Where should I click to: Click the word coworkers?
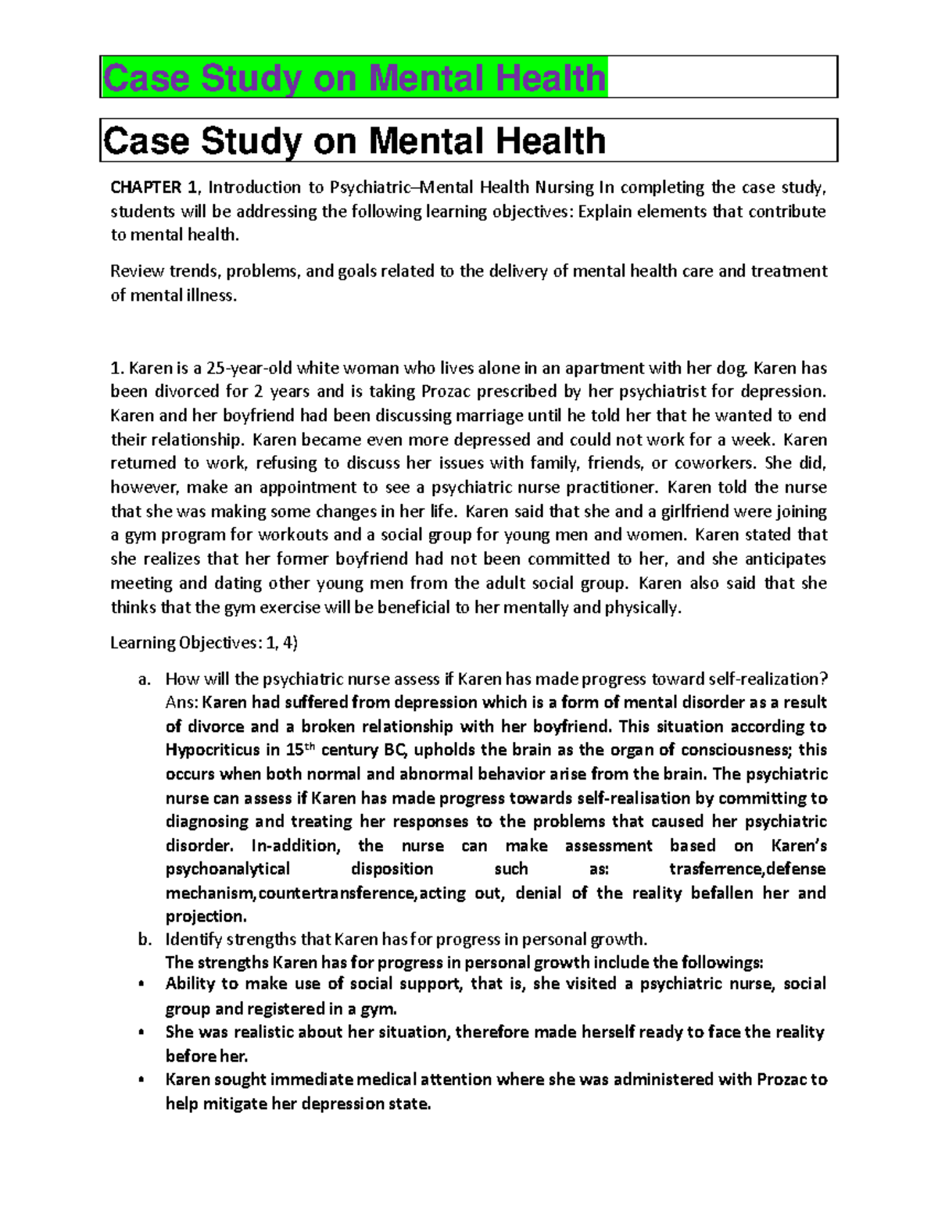point(714,463)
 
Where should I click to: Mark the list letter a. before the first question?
point(143,679)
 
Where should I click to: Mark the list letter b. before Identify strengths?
point(143,939)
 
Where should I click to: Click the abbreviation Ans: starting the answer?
point(181,702)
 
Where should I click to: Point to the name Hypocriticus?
point(212,751)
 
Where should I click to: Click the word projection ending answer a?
point(206,916)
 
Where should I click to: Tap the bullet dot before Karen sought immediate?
point(140,1080)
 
